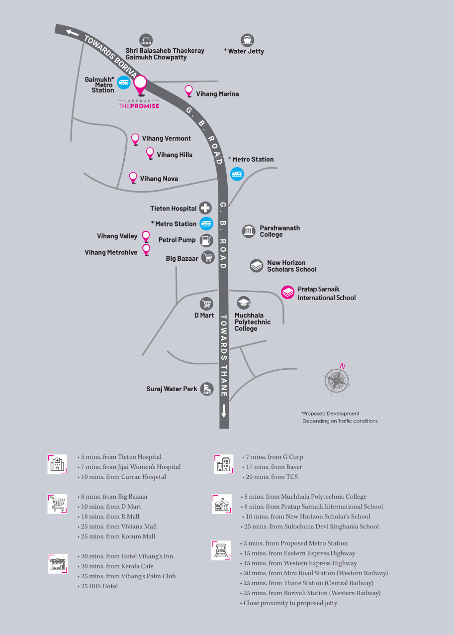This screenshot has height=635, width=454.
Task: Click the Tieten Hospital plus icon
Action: click(x=205, y=208)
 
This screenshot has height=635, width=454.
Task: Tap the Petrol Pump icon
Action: click(x=206, y=240)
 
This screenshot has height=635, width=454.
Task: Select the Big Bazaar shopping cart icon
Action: click(x=207, y=257)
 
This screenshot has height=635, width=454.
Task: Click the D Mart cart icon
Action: click(x=206, y=304)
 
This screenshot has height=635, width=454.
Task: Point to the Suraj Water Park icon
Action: click(x=207, y=389)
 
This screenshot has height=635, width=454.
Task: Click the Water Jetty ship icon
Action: click(x=247, y=40)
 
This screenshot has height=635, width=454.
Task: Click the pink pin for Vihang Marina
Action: click(x=189, y=91)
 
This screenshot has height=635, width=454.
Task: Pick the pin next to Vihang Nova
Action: click(x=133, y=177)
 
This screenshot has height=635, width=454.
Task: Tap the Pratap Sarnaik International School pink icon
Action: click(x=288, y=292)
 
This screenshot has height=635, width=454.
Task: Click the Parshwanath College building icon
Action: click(x=249, y=231)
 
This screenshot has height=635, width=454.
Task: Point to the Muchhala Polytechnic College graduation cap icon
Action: click(x=243, y=303)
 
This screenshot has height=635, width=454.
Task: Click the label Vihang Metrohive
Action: click(x=111, y=252)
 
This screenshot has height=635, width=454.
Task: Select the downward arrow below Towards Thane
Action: click(x=224, y=411)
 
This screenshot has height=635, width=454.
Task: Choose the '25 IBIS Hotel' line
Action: click(x=98, y=586)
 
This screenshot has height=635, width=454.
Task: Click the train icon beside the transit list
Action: click(x=221, y=550)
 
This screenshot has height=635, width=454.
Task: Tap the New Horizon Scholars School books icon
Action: click(x=256, y=265)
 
